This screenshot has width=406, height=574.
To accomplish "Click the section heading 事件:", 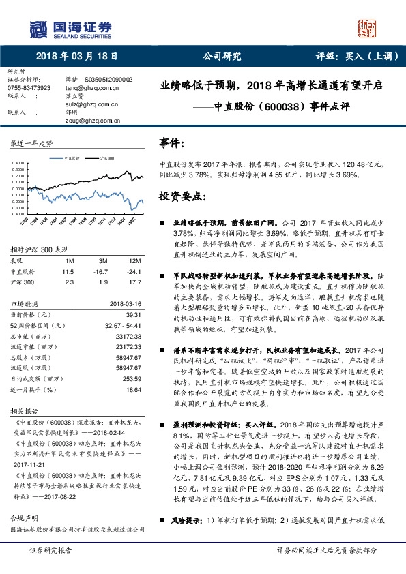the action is pyautogui.click(x=171, y=144).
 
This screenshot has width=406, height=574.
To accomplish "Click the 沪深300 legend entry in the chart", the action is pyautogui.click(x=106, y=157).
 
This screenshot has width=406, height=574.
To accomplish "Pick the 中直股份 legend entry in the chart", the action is pyautogui.click(x=72, y=157).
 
